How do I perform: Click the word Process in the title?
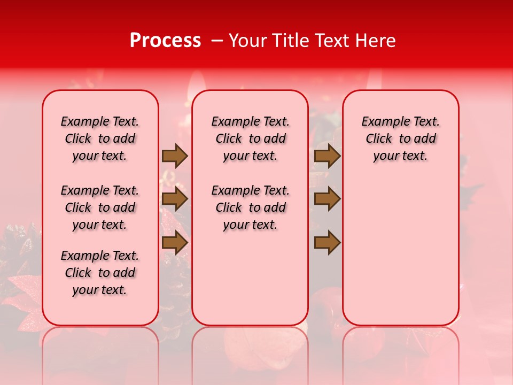point(165,41)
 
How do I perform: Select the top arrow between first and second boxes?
point(175,156)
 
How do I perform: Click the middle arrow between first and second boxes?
point(175,199)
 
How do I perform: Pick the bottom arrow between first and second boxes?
point(175,242)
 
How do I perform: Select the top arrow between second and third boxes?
point(327,156)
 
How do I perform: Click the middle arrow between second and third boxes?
point(327,199)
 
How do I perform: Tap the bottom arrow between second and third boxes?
point(327,242)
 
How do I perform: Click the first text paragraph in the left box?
point(100,138)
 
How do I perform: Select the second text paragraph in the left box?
point(100,207)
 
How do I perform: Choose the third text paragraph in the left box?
point(100,273)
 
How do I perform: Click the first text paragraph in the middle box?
point(250,138)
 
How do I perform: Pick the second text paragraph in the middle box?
point(250,207)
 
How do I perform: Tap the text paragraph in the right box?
point(401,138)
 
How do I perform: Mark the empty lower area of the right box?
point(401,251)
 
